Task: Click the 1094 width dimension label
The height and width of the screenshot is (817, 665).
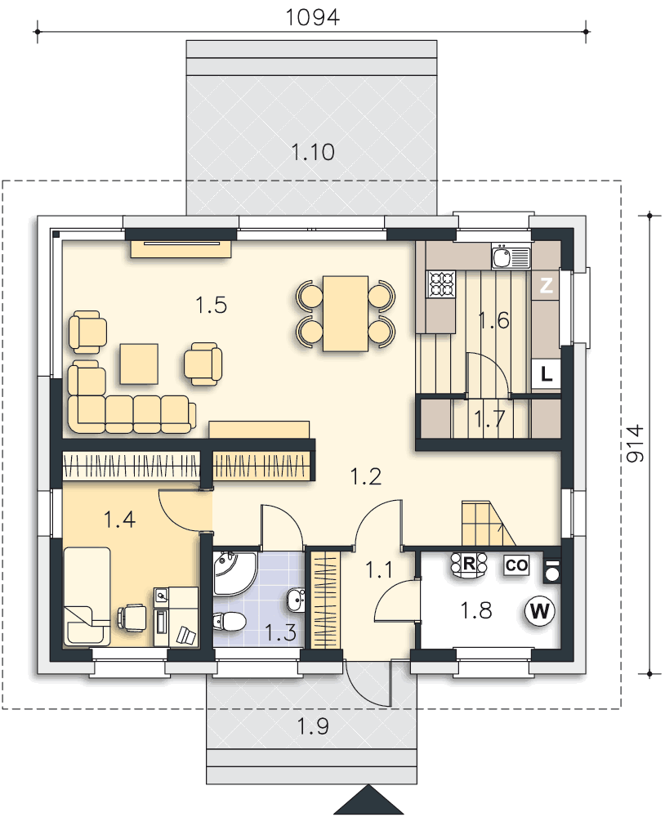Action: (313, 17)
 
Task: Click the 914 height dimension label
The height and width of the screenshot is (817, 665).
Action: (634, 444)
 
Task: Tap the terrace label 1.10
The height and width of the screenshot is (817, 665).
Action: (313, 152)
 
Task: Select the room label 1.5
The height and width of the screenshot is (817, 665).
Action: (211, 305)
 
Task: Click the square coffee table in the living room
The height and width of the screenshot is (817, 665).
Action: (139, 364)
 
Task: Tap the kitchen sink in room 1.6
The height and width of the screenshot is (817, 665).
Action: (511, 257)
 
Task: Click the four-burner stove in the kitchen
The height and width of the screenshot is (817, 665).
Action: (441, 284)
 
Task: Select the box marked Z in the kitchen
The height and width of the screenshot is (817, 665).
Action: (547, 285)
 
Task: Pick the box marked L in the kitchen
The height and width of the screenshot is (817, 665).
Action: (547, 373)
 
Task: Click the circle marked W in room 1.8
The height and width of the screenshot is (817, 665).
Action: (540, 610)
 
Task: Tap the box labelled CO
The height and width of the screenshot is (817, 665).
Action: (516, 565)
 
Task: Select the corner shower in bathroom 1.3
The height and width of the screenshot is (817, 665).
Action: (234, 574)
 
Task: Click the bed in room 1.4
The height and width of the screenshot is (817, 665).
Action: (87, 596)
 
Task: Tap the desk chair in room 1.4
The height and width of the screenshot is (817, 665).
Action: (132, 618)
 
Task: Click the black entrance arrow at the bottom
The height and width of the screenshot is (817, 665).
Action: (368, 801)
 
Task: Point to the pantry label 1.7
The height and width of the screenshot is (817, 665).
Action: (489, 418)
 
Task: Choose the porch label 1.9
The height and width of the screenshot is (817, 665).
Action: (313, 725)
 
